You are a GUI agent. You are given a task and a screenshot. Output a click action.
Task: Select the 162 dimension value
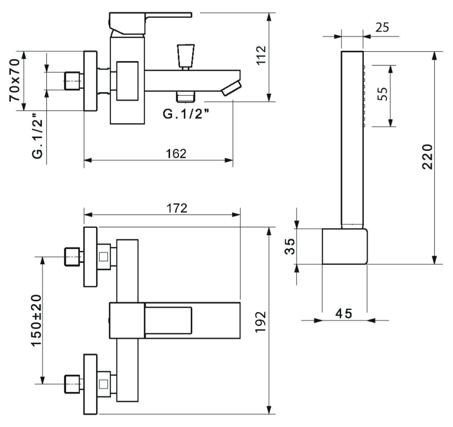tap(177, 154)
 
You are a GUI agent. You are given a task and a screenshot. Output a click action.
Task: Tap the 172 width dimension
tap(177, 208)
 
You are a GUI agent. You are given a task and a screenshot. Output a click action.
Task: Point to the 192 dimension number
tap(261, 322)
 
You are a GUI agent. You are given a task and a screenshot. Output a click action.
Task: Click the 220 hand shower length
tap(428, 156)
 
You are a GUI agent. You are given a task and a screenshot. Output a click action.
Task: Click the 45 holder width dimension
tap(344, 313)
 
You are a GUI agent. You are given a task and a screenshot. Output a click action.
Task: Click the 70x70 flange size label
tap(15, 80)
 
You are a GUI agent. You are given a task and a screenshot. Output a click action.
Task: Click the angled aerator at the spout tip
tap(231, 87)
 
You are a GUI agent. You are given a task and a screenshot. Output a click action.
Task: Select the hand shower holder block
tap(345, 246)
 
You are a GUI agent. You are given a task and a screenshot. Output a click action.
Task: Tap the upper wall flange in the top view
tap(91, 257)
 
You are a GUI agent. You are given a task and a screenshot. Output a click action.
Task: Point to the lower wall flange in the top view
tap(91, 384)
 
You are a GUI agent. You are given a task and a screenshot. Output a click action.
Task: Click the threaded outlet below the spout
tap(185, 96)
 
